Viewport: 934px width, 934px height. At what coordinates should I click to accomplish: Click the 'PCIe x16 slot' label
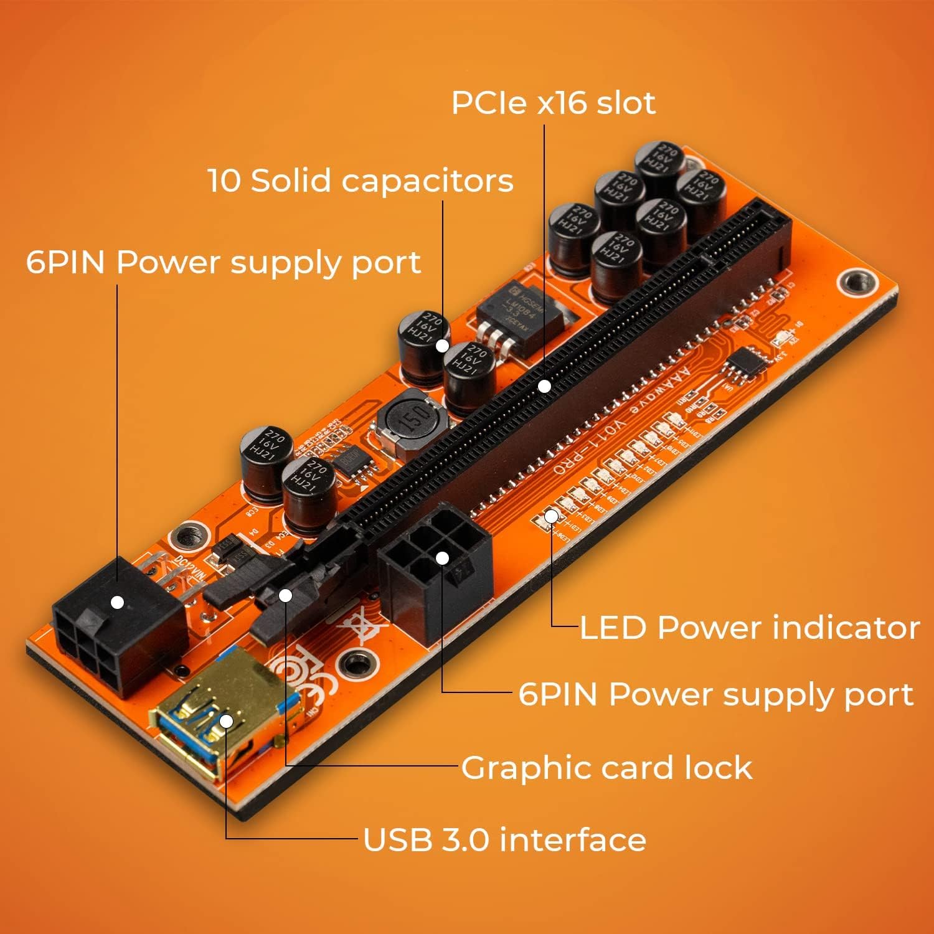pyautogui.click(x=553, y=103)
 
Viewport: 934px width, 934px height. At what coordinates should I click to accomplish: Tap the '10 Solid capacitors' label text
pyautogui.click(x=361, y=181)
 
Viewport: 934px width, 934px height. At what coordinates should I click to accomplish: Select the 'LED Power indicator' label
pyautogui.click(x=749, y=628)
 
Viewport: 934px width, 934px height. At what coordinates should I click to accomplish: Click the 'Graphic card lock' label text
pyautogui.click(x=606, y=768)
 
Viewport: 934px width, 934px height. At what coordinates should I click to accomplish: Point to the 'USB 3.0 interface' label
pyautogui.click(x=504, y=839)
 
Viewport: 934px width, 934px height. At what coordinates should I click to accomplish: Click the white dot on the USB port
pyautogui.click(x=226, y=721)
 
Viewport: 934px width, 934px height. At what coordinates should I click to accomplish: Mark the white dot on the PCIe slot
pyautogui.click(x=544, y=386)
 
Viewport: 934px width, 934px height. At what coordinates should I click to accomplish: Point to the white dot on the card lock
pyautogui.click(x=285, y=595)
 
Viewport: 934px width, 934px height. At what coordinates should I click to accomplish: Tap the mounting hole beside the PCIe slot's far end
pyautogui.click(x=857, y=282)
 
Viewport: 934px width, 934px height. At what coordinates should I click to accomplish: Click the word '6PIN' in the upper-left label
pyautogui.click(x=65, y=262)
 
